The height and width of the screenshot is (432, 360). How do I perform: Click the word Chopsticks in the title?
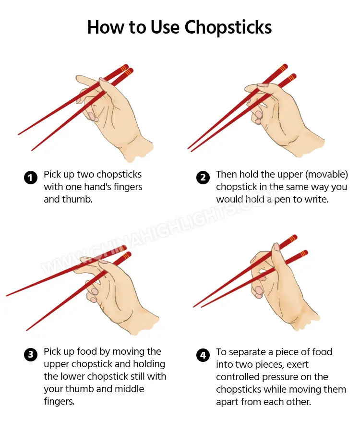(x=228, y=27)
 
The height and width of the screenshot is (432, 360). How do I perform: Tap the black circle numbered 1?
(x=30, y=178)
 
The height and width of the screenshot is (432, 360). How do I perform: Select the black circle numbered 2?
(x=203, y=178)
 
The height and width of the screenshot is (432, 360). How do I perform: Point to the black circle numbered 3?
(x=30, y=355)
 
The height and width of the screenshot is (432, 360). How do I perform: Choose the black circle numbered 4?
(x=203, y=355)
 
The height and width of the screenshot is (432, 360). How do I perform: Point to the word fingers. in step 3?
(x=60, y=402)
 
